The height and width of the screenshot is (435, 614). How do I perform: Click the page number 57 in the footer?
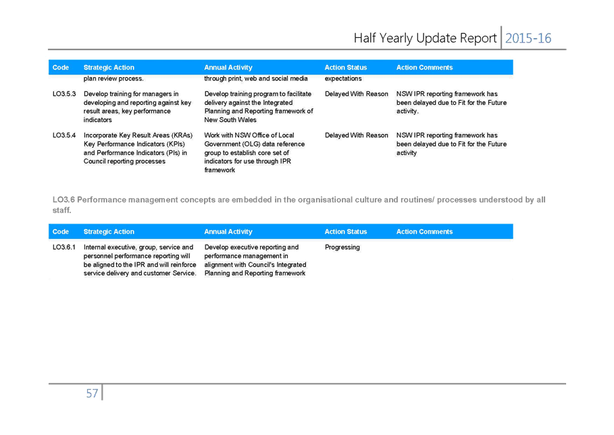92,393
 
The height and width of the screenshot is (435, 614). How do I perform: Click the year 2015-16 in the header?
528,38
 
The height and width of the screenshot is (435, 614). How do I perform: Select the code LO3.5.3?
64,94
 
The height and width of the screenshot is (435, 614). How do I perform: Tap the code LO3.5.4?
64,135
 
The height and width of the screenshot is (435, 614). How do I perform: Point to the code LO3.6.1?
64,247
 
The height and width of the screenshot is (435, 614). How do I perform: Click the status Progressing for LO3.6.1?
342,248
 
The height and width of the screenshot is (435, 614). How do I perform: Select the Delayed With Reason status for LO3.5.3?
357,94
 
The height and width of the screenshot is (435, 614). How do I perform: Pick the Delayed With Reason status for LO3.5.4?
357,135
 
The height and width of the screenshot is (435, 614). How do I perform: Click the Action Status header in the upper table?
346,68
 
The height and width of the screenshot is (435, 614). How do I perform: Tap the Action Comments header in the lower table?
424,232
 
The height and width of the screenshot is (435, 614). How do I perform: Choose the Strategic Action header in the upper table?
109,68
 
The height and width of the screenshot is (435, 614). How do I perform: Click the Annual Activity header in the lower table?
228,232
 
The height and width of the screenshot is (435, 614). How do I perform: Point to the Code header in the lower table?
61,232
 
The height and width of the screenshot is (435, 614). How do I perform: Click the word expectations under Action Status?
343,78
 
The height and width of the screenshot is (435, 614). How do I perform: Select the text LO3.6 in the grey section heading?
63,200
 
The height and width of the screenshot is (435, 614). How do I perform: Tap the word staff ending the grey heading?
62,210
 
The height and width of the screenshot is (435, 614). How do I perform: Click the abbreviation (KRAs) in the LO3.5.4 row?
182,135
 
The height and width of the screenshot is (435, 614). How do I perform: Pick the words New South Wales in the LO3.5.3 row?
230,120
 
